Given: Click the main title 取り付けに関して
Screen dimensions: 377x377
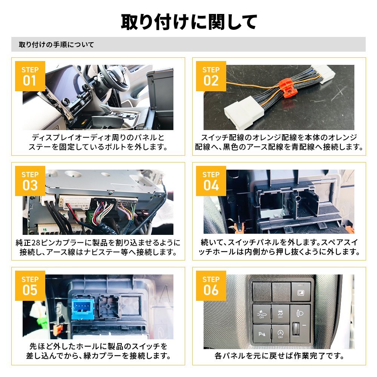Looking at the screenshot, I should click(188, 22).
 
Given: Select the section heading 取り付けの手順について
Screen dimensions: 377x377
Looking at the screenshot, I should click(56, 44).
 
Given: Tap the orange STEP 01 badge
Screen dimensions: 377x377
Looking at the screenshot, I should click(30, 76).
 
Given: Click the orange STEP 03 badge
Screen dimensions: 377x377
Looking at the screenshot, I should click(30, 181).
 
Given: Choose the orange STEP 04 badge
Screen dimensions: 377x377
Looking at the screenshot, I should click(211, 181).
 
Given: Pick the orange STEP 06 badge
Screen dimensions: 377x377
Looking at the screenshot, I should click(211, 285).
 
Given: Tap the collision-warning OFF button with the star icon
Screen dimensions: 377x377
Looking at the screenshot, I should click(261, 313).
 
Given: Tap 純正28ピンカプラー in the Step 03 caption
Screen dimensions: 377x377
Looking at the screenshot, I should click(53, 242).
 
